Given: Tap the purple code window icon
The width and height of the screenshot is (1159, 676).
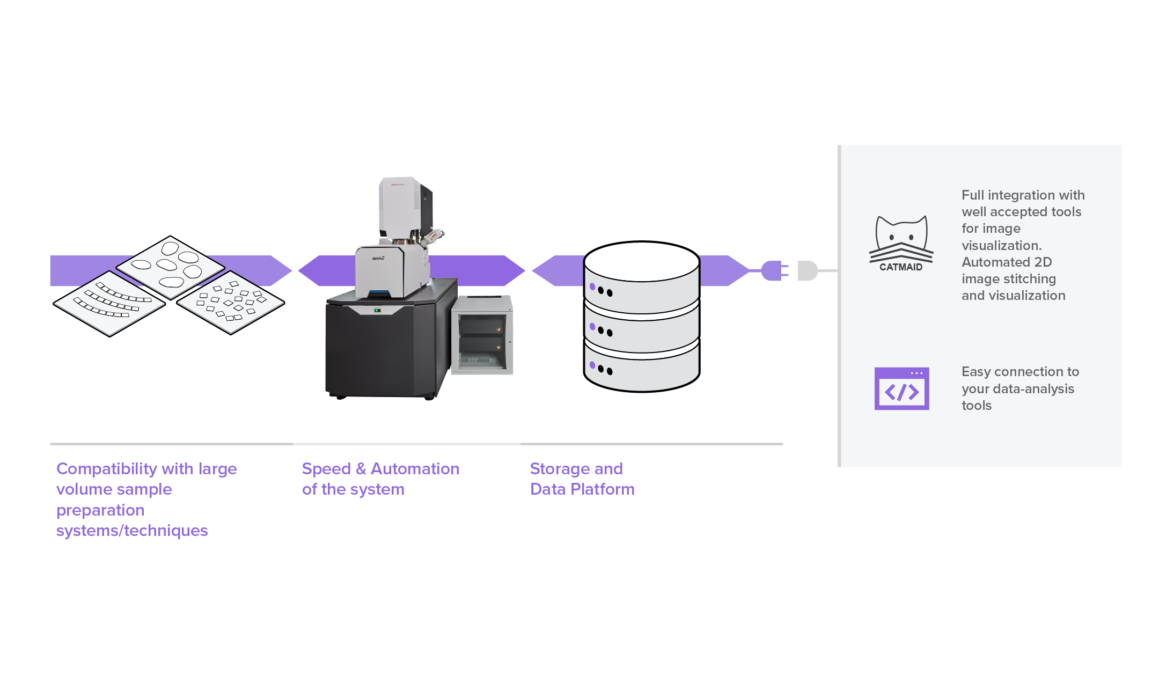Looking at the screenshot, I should tap(901, 389).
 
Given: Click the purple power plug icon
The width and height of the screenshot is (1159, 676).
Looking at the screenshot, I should tap(774, 270).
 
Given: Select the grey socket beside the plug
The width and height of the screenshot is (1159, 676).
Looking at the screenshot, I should tap(807, 270).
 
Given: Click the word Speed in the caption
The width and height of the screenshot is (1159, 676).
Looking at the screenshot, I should tap(326, 469).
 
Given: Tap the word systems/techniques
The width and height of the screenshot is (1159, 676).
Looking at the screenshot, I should tap(132, 531).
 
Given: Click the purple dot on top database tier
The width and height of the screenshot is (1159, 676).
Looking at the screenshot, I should tap(592, 286).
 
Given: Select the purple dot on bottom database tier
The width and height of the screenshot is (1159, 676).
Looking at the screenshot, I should tap(592, 365).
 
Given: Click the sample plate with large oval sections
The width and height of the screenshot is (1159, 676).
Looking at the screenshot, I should tap(171, 267).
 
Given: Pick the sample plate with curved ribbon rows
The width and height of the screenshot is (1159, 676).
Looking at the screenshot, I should tap(109, 304).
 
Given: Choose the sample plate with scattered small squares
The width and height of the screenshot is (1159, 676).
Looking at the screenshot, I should tap(231, 303).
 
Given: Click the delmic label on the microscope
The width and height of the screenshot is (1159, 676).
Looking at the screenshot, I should tap(378, 258).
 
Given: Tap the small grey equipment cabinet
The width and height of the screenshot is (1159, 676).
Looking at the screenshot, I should tap(482, 336).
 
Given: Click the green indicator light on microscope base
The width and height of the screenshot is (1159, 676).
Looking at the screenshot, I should tap(377, 310).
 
